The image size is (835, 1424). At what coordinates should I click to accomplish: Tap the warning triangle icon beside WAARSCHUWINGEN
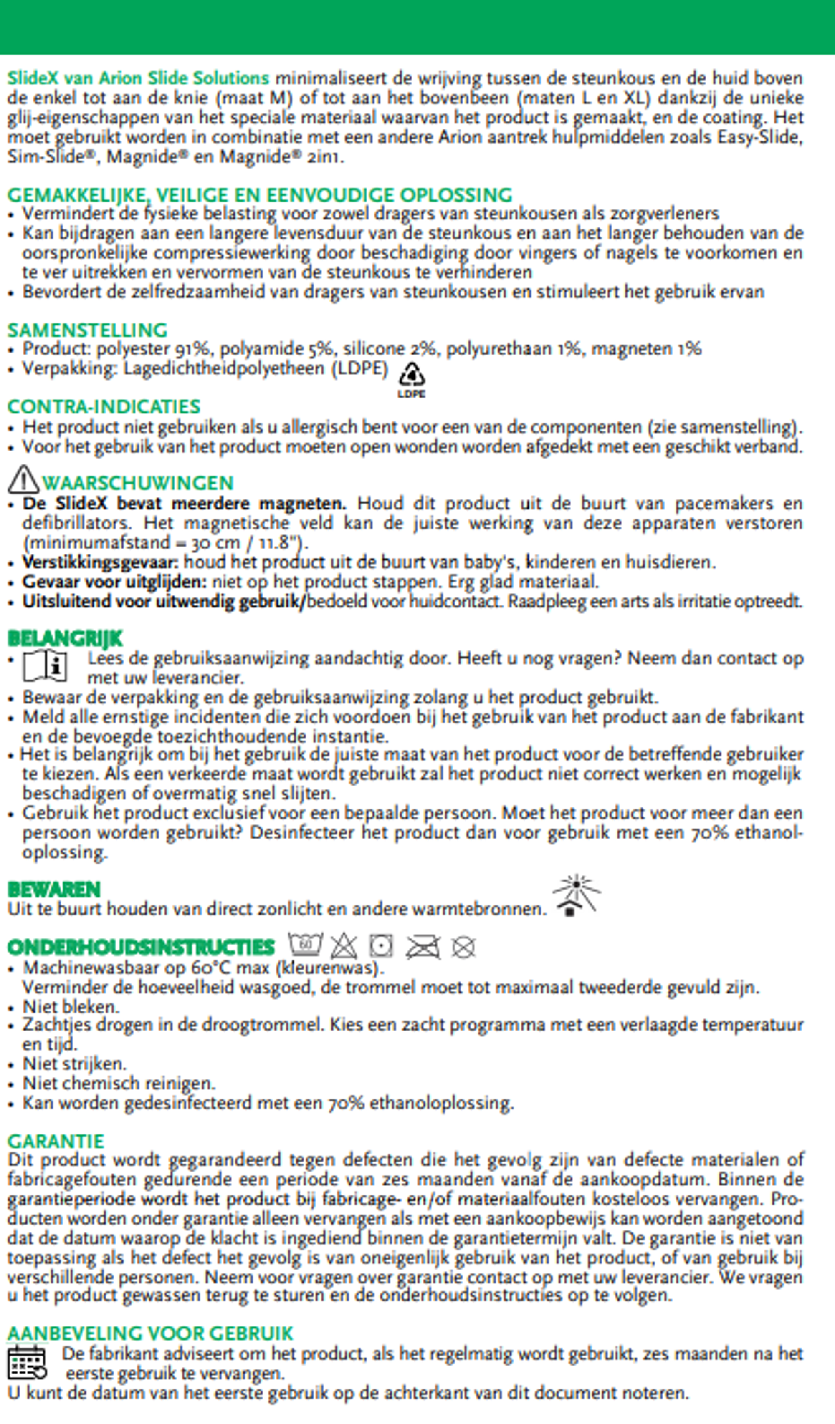[23, 480]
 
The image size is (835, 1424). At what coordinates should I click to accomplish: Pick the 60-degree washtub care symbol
[305, 945]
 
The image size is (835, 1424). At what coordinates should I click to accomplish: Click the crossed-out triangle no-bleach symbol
[344, 946]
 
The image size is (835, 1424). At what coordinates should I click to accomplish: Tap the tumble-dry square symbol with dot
[381, 945]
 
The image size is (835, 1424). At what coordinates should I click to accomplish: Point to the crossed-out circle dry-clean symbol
[463, 947]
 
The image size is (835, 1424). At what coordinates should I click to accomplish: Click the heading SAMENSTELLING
[87, 330]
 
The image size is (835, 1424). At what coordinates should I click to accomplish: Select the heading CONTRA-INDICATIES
[104, 406]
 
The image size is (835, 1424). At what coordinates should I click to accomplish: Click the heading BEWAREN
[54, 890]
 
